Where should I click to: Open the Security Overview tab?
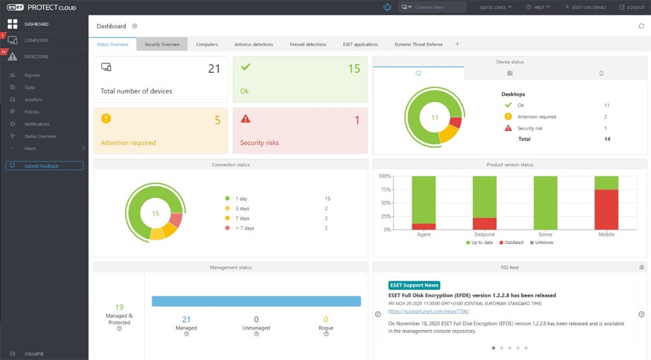point(162,44)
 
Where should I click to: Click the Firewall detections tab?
point(308,44)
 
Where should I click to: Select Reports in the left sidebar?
point(33,76)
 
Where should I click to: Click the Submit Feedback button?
point(44,166)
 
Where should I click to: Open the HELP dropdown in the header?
point(539,7)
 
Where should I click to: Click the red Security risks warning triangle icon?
point(245,118)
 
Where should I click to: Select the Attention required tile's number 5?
point(217,120)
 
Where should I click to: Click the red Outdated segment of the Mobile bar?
point(606,208)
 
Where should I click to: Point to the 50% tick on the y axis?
point(385,203)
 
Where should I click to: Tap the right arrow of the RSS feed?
point(641,314)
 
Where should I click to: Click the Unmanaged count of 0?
point(256,319)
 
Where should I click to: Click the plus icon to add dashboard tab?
point(457,44)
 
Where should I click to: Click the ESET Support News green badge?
point(414,285)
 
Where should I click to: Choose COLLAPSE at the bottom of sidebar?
point(34,353)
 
